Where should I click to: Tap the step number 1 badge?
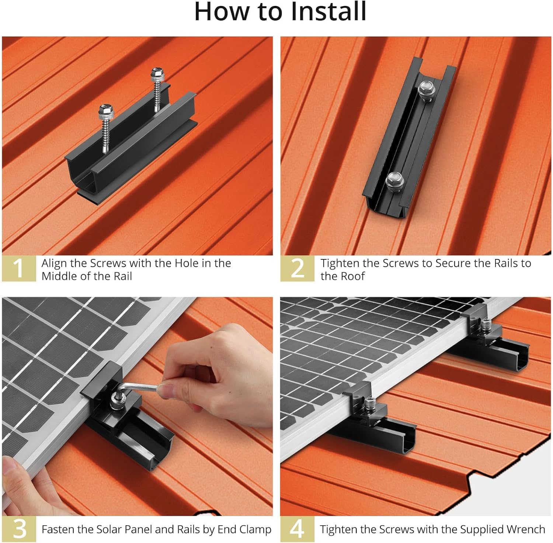[19, 269]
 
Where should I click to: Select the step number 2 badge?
[297, 269]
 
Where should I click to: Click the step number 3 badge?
[19, 529]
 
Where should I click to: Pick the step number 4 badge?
[297, 529]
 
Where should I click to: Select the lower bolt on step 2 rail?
[395, 181]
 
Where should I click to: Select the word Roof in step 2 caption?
[353, 276]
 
